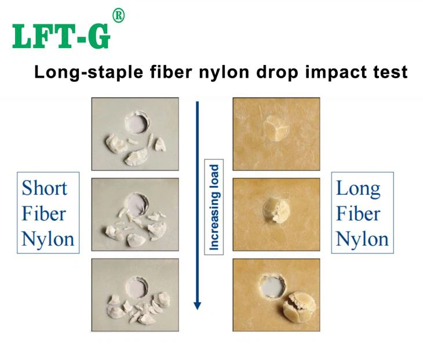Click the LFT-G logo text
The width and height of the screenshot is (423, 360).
click(x=61, y=36)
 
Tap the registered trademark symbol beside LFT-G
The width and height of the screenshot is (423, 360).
click(x=118, y=16)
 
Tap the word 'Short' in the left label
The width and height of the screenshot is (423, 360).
click(x=44, y=188)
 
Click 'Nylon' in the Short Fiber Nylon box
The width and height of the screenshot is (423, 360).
click(x=48, y=239)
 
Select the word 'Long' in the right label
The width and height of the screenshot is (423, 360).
click(x=358, y=188)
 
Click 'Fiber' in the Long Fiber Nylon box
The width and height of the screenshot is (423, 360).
click(x=358, y=213)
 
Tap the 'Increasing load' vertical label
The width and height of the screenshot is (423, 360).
click(x=214, y=208)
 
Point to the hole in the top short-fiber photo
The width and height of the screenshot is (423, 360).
click(x=138, y=123)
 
